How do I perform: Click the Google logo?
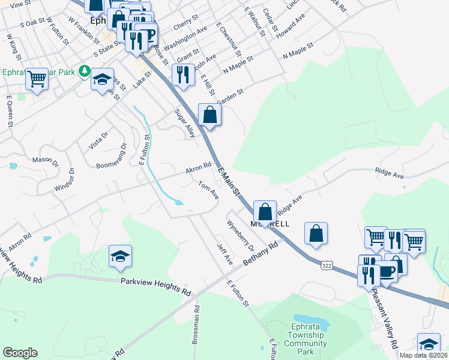point(20,353)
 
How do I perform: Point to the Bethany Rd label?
point(262,255)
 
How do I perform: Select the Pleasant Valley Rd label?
point(384,318)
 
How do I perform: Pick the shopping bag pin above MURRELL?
point(265,211)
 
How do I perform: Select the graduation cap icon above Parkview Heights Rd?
point(120,256)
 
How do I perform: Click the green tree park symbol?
point(86,72)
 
